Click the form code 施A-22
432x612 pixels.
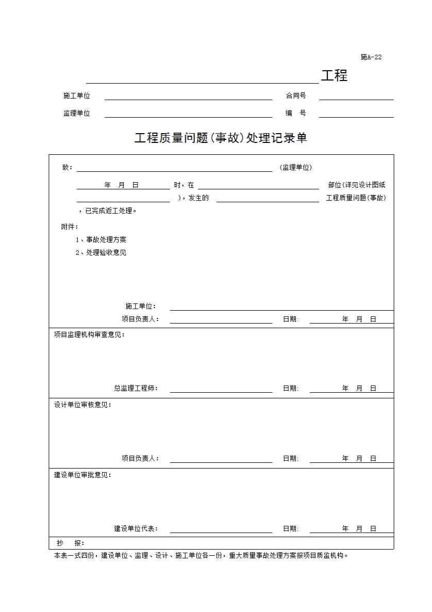click(371, 57)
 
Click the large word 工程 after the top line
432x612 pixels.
click(334, 76)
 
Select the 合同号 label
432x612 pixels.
click(296, 96)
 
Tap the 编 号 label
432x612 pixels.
click(296, 114)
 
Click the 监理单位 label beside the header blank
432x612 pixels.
click(77, 114)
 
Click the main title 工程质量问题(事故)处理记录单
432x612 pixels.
click(221, 138)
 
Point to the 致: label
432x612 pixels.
click(68, 168)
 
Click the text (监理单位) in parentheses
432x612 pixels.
click(296, 168)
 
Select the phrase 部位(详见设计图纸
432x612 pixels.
click(356, 185)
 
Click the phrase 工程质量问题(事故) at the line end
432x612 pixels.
click(356, 198)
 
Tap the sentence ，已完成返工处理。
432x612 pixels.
click(107, 211)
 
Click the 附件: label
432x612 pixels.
click(70, 227)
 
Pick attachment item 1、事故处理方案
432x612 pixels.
click(101, 240)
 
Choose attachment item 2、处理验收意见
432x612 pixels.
click(101, 253)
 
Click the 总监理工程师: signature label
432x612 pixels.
click(136, 389)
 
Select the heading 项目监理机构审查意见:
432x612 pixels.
click(89, 335)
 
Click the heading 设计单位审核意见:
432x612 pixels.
click(82, 405)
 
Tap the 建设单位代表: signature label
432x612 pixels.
click(136, 529)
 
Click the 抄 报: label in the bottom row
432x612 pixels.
click(71, 543)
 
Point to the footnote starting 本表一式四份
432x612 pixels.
click(201, 556)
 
